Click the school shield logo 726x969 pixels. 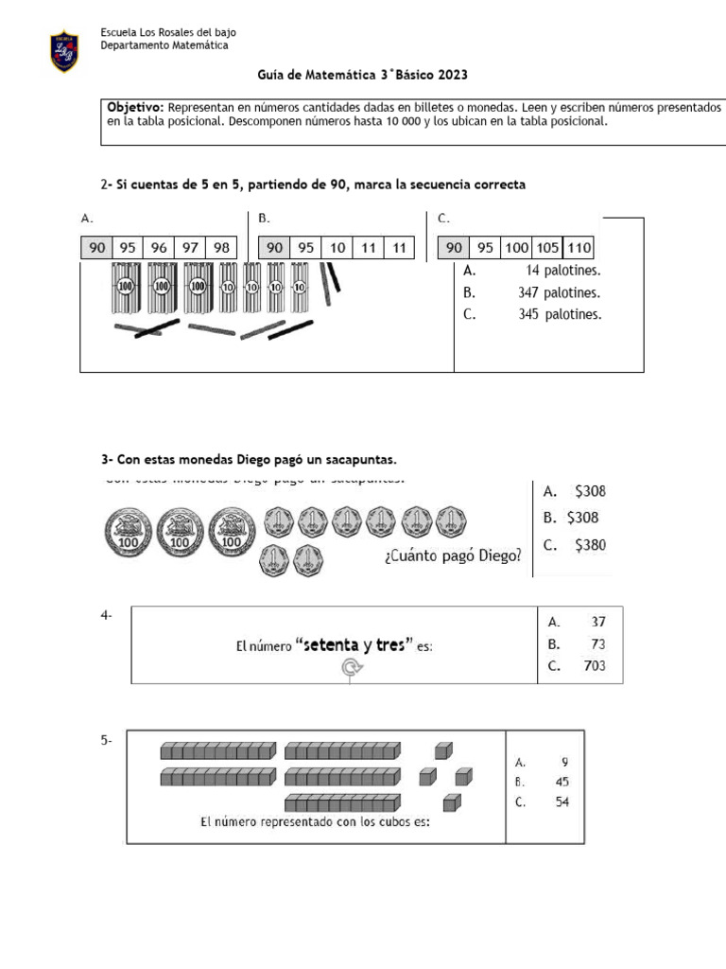64,51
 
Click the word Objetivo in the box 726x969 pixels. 136,108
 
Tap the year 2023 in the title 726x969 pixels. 452,75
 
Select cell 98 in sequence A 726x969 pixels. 221,248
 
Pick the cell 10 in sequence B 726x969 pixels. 337,248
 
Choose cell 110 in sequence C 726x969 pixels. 579,248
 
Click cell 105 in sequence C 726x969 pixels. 546,248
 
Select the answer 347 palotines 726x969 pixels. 559,293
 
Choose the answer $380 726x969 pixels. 590,545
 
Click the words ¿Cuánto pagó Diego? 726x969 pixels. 453,556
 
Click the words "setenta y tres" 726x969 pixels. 354,646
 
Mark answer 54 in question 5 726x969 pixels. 561,803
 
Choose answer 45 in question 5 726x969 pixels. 561,783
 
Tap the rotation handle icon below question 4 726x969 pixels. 351,669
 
